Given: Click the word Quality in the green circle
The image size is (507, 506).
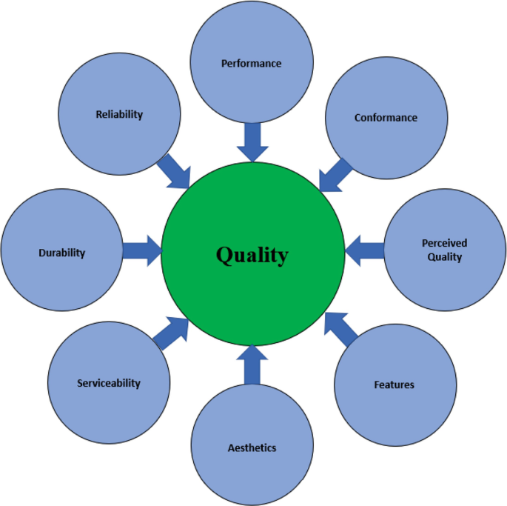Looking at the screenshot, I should (x=252, y=256).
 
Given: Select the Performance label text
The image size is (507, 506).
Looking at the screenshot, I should (x=252, y=64).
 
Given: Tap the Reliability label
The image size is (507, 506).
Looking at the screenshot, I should (x=119, y=115).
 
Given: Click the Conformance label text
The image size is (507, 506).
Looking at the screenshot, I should (x=386, y=118).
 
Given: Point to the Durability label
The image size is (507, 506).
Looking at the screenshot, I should (x=61, y=253).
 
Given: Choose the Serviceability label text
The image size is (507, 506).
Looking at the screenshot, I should (x=109, y=383).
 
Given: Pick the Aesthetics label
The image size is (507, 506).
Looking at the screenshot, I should (x=252, y=447).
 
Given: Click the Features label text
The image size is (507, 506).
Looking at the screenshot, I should (x=394, y=385).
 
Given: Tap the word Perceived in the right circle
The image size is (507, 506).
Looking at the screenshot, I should (x=445, y=243).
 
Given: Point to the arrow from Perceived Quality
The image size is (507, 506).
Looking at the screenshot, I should (x=365, y=250).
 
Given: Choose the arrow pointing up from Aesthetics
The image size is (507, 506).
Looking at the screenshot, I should (x=252, y=364).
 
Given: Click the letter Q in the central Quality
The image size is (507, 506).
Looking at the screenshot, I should (x=225, y=256).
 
